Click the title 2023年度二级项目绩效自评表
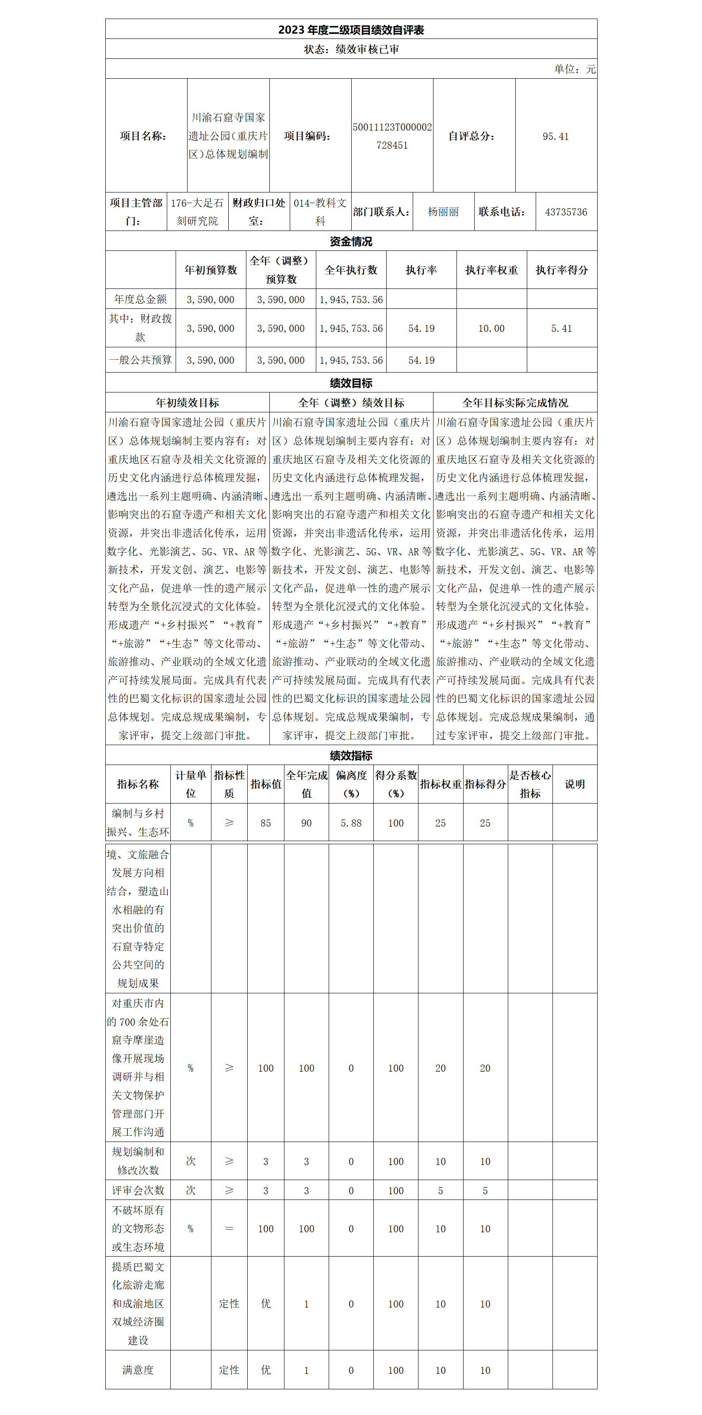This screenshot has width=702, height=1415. click(x=351, y=30)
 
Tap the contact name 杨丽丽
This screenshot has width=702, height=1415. click(x=443, y=212)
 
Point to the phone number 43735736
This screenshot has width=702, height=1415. click(x=566, y=212)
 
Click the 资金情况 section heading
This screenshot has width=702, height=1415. click(x=351, y=241)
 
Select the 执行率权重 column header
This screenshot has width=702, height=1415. click(x=491, y=270)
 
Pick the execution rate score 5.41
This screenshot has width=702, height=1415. click(x=561, y=328)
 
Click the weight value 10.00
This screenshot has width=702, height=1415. click(x=491, y=328)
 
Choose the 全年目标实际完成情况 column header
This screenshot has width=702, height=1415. click(x=515, y=403)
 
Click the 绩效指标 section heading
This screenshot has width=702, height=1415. click(x=351, y=755)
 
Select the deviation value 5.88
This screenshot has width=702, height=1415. click(x=351, y=823)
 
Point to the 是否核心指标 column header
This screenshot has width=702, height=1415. click(x=529, y=784)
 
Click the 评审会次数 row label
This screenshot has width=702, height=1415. click(x=138, y=1190)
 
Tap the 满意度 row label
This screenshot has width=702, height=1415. click(x=138, y=1370)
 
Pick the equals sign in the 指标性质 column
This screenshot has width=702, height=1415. click(x=229, y=1228)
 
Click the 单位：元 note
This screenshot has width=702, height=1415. click(x=575, y=69)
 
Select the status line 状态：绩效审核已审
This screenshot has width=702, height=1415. click(x=351, y=49)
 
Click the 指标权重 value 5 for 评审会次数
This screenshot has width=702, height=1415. click(x=440, y=1190)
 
